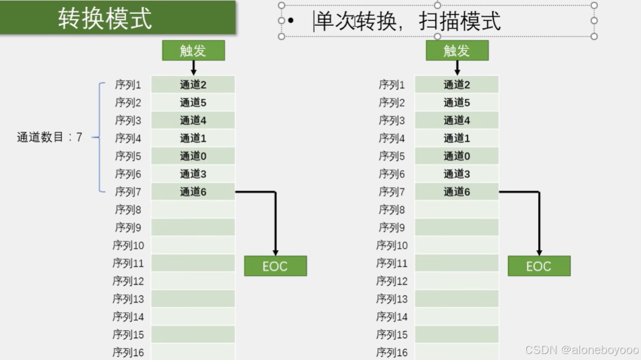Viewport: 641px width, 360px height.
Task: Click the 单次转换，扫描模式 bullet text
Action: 407,22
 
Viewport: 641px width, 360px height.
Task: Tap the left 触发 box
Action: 193,50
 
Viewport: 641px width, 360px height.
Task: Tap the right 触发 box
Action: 457,50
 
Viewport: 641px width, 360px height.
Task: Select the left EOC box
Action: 275,266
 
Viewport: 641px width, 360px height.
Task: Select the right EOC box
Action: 539,266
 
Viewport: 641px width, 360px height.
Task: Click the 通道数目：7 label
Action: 49,138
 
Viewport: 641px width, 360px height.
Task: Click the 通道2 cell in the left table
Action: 193,85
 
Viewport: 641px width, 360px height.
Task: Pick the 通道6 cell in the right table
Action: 457,192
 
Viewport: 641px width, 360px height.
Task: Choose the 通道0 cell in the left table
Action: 193,156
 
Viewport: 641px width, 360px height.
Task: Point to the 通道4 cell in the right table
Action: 457,120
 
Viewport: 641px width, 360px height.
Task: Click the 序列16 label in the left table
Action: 128,352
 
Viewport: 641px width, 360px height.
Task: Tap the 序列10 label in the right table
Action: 392,245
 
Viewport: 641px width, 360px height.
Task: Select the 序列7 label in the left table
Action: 128,192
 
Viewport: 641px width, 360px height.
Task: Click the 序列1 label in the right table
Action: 392,85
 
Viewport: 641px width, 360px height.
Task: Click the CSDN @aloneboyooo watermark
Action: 582,350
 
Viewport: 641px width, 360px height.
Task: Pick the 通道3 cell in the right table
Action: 457,174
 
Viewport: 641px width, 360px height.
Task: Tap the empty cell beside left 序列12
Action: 193,281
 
